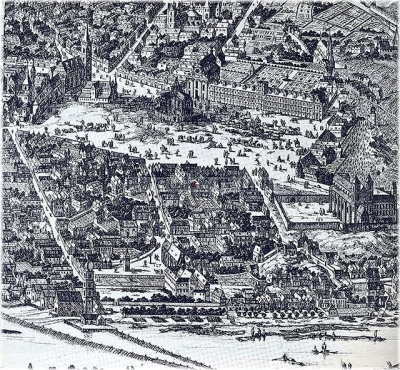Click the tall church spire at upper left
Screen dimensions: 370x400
[x=88, y=45]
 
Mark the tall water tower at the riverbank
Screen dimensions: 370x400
[x=90, y=290]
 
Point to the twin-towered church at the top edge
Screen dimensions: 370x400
[x=170, y=15]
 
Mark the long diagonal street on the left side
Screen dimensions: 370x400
[x=45, y=200]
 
